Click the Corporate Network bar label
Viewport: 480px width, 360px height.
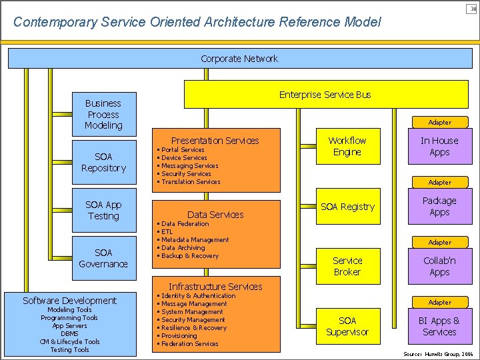[239, 59]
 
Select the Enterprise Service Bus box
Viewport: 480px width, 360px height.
[325, 95]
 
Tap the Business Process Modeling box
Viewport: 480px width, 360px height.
[103, 114]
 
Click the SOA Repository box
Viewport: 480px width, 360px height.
[103, 163]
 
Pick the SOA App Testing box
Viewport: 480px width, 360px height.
[103, 211]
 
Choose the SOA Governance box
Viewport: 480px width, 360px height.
[103, 258]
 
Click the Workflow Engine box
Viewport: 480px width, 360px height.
[347, 147]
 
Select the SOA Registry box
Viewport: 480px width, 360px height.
[347, 207]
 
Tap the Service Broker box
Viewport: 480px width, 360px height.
[347, 267]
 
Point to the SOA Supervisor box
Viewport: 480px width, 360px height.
[347, 326]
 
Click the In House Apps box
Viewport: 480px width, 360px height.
[439, 147]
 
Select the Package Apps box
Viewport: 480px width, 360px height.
[439, 207]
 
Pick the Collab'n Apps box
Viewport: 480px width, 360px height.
[439, 267]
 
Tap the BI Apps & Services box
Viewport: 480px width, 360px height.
[439, 326]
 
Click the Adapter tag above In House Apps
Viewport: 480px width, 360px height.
[439, 123]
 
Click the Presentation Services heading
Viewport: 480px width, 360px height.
[215, 141]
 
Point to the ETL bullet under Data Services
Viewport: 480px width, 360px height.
[167, 232]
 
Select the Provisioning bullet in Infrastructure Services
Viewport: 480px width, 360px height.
[179, 336]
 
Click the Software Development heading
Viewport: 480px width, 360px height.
[69, 301]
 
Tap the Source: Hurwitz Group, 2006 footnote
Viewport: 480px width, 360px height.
[438, 353]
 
